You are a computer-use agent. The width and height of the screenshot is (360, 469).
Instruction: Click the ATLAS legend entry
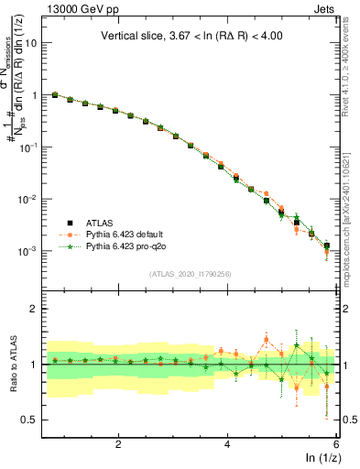[x=100, y=222]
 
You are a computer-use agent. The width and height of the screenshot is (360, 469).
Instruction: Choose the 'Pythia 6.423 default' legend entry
[x=128, y=234]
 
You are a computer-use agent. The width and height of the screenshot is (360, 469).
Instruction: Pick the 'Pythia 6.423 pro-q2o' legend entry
[x=130, y=247]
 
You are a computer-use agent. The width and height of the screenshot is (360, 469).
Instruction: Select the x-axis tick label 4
[x=227, y=444]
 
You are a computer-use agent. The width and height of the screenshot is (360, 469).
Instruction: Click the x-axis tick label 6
[x=336, y=444]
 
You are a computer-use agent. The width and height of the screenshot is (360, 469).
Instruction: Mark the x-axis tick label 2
[x=118, y=444]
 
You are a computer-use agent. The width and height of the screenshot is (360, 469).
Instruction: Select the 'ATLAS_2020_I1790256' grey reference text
[x=190, y=274]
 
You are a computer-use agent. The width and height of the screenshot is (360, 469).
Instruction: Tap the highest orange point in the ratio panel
[x=267, y=340]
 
